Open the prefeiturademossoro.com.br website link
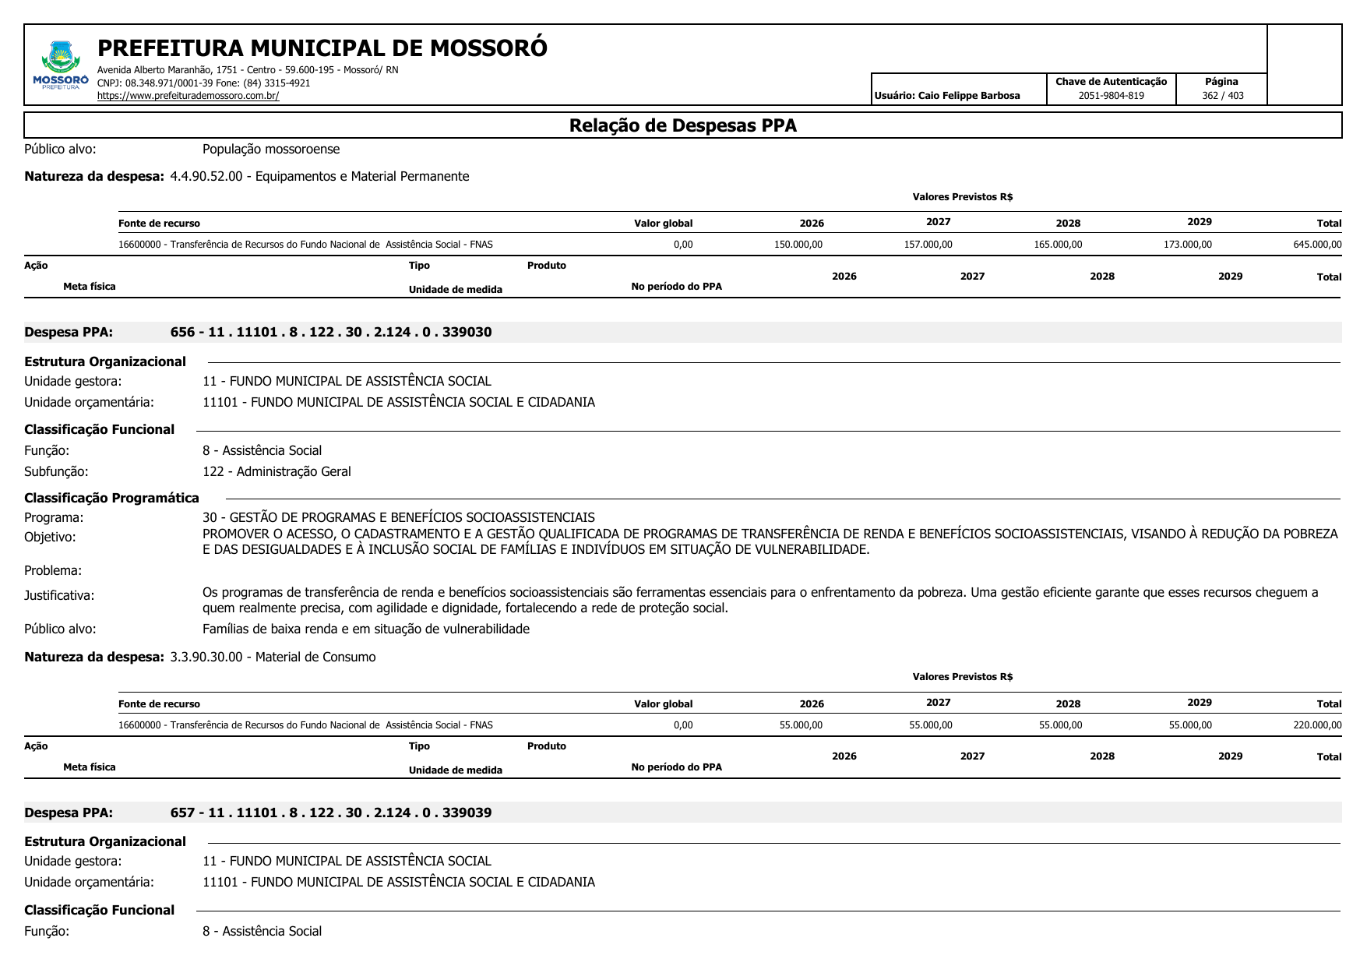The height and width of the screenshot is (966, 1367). (188, 96)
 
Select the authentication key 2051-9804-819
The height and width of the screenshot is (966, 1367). (1111, 96)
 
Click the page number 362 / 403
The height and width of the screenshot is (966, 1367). (1222, 96)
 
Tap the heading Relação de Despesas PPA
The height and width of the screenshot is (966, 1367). (682, 125)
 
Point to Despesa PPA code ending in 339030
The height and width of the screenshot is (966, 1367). (331, 333)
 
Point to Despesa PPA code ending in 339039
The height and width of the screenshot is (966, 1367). (331, 813)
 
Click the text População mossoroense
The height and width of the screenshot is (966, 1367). (271, 150)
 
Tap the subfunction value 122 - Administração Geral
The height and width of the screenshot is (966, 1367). (277, 472)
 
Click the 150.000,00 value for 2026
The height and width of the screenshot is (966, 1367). (798, 245)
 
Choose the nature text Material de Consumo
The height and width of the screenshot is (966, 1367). (315, 658)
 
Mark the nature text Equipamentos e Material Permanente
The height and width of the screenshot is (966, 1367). (362, 177)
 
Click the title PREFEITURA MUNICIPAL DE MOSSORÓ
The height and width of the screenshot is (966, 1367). (322, 48)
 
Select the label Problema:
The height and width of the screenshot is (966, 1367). (53, 571)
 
